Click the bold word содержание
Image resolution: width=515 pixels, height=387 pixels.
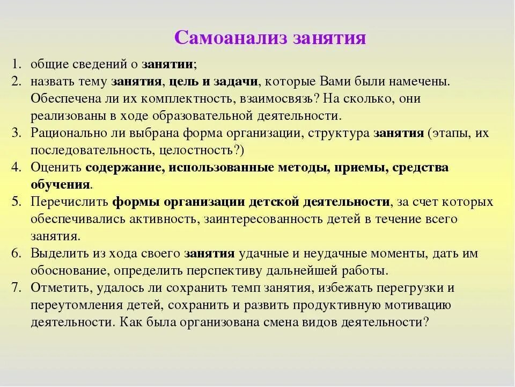click(124, 167)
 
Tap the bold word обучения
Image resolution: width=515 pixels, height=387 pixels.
click(60, 184)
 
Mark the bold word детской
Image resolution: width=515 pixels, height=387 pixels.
click(274, 202)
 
